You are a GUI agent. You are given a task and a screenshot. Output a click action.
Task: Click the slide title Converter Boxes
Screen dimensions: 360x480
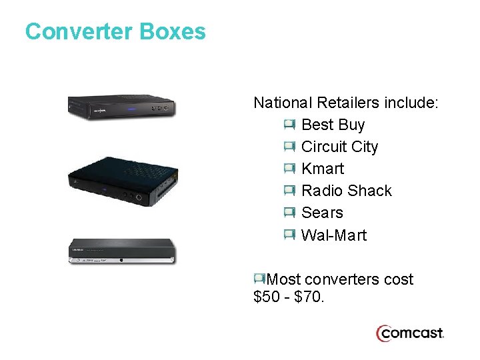coord(115,31)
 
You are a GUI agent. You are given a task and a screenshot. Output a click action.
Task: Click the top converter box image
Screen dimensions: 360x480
coord(122,107)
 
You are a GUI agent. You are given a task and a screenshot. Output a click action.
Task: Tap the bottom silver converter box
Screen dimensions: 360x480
coord(123,251)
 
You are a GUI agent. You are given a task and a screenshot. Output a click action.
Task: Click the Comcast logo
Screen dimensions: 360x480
coord(409,333)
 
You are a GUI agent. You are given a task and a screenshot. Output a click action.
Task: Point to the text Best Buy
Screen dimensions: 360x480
coord(333,125)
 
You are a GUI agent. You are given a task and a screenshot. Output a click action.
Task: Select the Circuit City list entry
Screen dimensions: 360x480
coord(339,147)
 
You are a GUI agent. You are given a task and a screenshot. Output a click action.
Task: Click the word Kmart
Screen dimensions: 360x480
coord(323,169)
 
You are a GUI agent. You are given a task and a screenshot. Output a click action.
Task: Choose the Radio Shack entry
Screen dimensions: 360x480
coord(347,191)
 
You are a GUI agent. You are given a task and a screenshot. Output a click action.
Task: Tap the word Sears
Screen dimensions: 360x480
coord(322,213)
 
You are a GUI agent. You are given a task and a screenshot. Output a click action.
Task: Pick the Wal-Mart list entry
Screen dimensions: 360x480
coord(334,235)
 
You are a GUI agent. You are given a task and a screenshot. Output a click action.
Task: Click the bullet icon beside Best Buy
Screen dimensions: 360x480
coord(289,124)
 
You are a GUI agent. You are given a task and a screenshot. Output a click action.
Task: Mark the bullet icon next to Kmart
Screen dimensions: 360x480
coord(289,168)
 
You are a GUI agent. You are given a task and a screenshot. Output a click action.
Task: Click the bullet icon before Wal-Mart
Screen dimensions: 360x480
coord(289,235)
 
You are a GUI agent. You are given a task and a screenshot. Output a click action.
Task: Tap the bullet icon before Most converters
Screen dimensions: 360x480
coord(259,279)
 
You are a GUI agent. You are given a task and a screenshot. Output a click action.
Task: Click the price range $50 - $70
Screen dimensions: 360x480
coord(289,297)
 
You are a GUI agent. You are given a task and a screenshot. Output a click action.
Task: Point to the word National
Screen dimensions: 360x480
coord(283,103)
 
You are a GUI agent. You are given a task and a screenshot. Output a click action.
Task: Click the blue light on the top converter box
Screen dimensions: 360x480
coord(131,109)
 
